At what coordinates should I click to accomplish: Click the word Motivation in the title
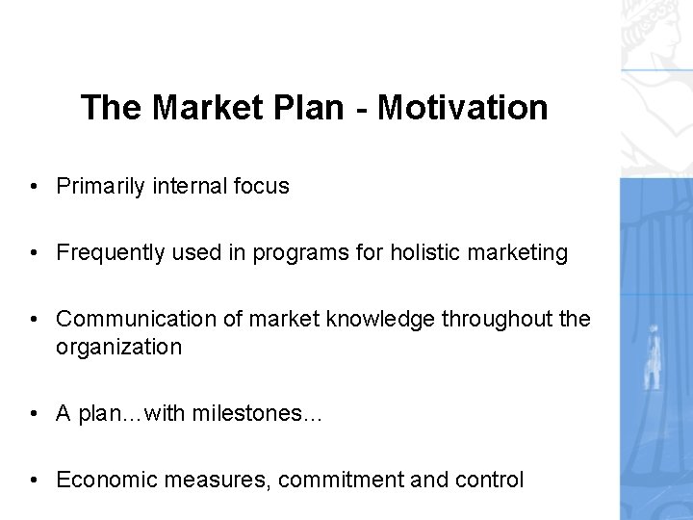coord(463,107)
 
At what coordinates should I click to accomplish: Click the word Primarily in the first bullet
coord(99,187)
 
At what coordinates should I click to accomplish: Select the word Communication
coord(129,320)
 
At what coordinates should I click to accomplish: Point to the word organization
coord(118,347)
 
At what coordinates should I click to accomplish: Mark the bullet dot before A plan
coord(34,413)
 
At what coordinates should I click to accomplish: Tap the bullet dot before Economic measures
coord(34,480)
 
